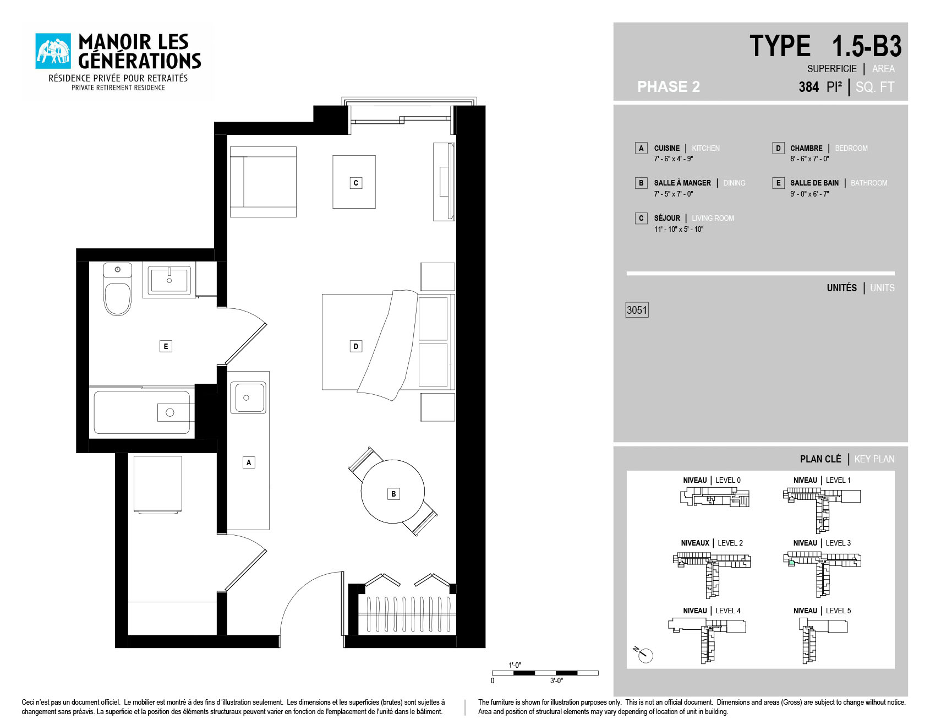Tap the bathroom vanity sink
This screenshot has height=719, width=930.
coord(169,280)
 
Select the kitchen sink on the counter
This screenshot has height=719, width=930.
coord(247,397)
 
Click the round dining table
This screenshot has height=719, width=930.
coord(393,491)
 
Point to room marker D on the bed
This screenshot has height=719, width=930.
coord(356,346)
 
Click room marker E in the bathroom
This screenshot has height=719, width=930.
coord(166,346)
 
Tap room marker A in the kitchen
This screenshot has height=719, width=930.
coord(249,462)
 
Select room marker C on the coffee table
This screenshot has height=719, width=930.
coord(356,183)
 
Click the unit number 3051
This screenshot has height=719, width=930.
coord(637,310)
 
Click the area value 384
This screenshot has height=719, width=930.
coord(808,87)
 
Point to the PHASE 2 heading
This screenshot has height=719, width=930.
coord(669,87)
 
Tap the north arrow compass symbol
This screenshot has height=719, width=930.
coord(643,653)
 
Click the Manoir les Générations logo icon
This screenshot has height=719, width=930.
coord(53,51)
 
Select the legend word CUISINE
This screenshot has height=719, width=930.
coord(667,148)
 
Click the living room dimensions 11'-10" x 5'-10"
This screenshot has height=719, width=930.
coord(679,229)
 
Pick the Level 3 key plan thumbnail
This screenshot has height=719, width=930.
coord(822,574)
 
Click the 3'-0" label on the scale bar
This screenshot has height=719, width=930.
coord(556,681)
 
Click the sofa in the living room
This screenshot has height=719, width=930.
coord(263,182)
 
